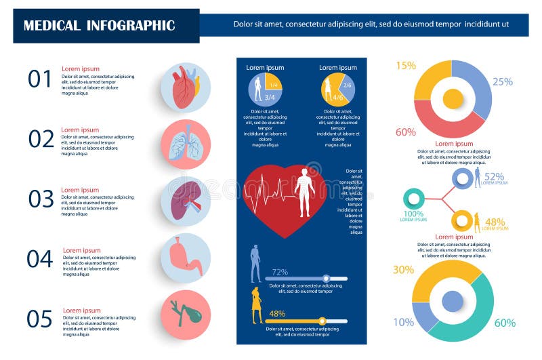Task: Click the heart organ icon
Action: [185, 88]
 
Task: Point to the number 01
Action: [40, 79]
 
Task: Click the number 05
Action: [40, 319]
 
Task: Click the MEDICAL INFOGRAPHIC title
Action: [99, 26]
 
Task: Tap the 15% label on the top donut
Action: [405, 66]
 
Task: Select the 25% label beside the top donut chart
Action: [502, 82]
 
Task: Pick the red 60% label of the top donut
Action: [405, 132]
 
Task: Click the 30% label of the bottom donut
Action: [403, 270]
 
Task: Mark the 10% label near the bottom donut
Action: [403, 322]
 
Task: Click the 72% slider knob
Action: [326, 278]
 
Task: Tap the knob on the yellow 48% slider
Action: [322, 321]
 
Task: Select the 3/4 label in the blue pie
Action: [259, 98]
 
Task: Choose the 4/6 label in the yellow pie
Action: [337, 98]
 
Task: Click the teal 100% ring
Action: [413, 199]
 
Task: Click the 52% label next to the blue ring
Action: [495, 176]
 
